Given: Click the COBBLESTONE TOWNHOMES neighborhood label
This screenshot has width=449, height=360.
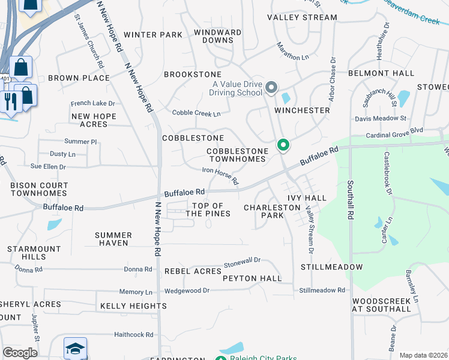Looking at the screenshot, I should (237, 155).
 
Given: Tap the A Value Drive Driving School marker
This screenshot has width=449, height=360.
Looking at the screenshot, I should (271, 89).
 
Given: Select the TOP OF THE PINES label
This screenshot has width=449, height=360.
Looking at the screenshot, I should (208, 210).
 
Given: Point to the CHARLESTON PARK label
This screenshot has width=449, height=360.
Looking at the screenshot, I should (272, 211).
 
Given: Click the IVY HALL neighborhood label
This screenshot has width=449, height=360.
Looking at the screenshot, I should (307, 198).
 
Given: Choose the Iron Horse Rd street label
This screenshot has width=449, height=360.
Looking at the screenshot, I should (220, 176).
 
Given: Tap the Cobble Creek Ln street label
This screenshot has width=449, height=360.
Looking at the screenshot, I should (196, 113).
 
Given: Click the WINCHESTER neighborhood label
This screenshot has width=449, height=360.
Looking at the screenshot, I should (303, 110).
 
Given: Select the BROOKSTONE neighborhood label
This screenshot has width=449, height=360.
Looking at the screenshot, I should (193, 74).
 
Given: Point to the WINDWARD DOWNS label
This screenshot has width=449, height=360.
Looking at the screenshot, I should (218, 36).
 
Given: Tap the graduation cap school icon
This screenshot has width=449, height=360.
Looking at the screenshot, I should (76, 349).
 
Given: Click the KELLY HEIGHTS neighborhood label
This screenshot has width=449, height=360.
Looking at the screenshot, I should (133, 306).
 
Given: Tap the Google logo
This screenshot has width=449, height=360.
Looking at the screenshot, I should (20, 353).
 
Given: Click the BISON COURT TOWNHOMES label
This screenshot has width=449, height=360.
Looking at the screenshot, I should (39, 190).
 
